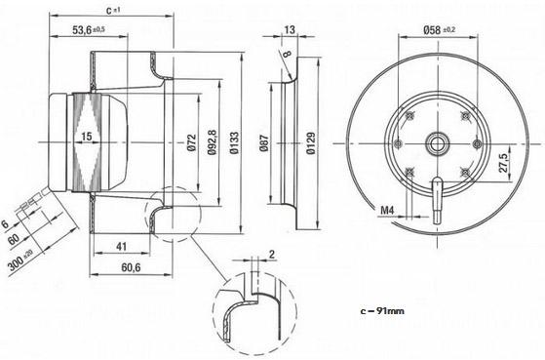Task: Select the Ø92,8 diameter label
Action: click(212, 141)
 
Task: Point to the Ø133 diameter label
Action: click(234, 142)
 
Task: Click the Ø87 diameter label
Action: click(264, 143)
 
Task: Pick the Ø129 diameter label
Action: click(310, 142)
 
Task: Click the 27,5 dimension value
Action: click(503, 162)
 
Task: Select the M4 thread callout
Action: click(387, 210)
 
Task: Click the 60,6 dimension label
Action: click(131, 267)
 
